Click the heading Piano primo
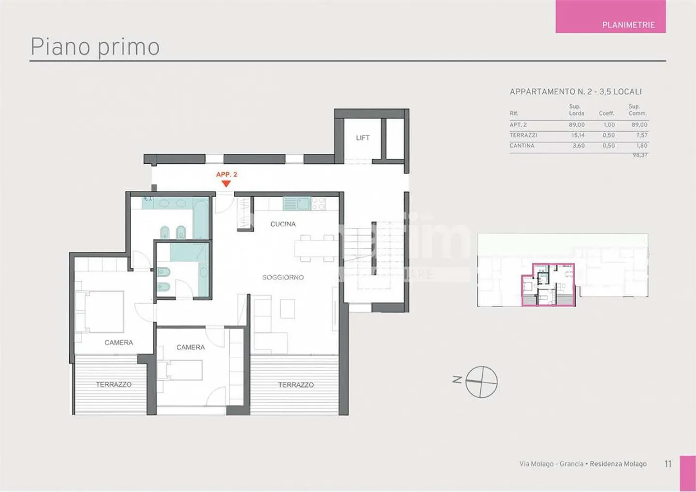pos(95,47)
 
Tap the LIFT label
pos(362,138)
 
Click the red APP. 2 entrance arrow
pos(226,183)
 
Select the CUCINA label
pos(283,224)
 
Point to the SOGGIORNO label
pos(283,277)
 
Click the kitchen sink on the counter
pos(303,204)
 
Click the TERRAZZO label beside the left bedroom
pos(114,384)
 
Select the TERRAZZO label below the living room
pos(296,385)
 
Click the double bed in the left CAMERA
pos(103,311)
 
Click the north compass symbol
pos(481,381)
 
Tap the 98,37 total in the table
pos(640,155)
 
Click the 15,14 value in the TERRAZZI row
pos(578,135)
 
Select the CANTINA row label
pos(522,145)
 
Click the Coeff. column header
pos(607,113)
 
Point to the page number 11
pos(668,464)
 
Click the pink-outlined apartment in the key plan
pos(548,285)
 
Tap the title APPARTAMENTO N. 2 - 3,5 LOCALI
pos(576,92)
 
